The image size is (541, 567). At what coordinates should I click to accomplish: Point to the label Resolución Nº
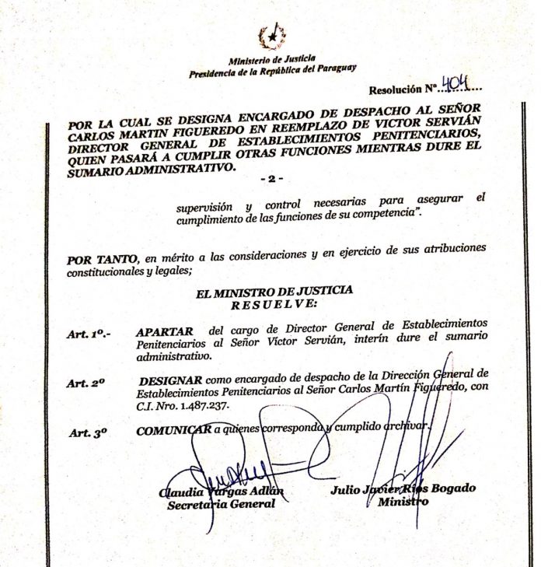[x=403, y=89]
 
